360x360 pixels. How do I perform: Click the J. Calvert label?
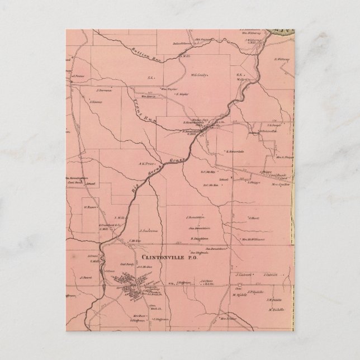[x=244, y=274]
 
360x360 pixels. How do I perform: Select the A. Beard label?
[x=85, y=277]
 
